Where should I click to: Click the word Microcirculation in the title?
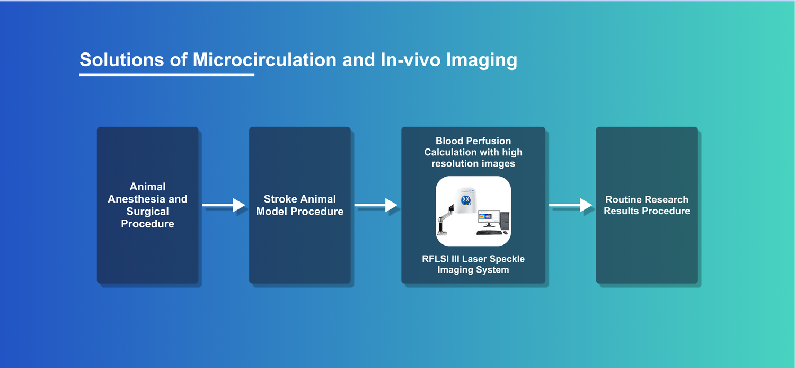pyautogui.click(x=264, y=59)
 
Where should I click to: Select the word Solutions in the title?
pyautogui.click(x=121, y=59)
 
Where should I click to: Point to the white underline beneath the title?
pyautogui.click(x=166, y=75)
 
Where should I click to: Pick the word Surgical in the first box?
pyautogui.click(x=147, y=212)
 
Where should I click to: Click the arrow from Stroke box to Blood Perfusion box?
pyautogui.click(x=376, y=205)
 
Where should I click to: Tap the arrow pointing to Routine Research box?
pyautogui.click(x=570, y=205)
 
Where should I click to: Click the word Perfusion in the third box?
pyautogui.click(x=488, y=141)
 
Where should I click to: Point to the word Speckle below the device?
pyautogui.click(x=506, y=259)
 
